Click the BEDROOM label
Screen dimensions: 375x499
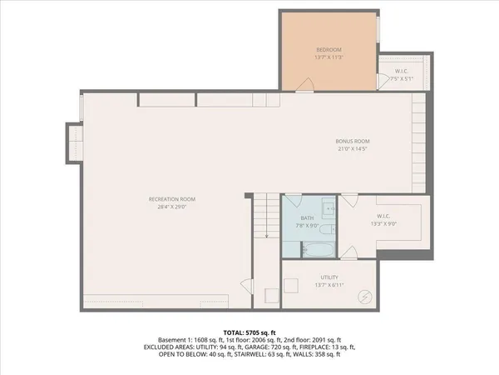tap(329, 49)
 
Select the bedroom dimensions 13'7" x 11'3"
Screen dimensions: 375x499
tap(329, 57)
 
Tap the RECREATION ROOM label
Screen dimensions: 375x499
tap(172, 199)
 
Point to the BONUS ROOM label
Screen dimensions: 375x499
tap(353, 141)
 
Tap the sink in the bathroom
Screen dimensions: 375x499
tap(328, 207)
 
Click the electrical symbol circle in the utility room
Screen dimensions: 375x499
tap(365, 296)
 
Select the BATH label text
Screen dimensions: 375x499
tap(306, 217)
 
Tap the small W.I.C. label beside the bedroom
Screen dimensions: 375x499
tap(401, 71)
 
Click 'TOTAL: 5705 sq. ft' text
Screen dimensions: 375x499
tap(249, 332)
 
